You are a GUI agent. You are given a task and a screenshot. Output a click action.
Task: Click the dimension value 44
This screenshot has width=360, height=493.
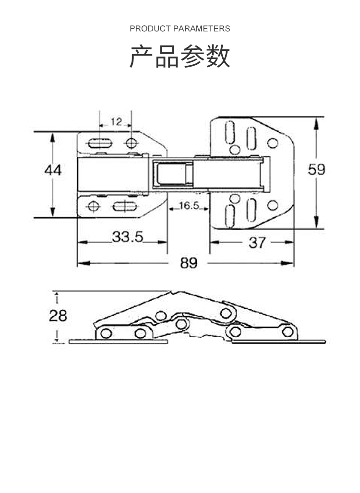pos(53,170)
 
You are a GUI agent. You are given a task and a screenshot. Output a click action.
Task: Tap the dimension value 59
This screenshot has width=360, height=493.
pos(316,170)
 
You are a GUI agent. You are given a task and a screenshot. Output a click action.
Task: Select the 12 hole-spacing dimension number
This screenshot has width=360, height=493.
pos(116,122)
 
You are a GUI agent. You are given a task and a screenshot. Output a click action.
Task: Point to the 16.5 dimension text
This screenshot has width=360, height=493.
pos(189,206)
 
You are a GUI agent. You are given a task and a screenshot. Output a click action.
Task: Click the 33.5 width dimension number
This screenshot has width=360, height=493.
pos(128,237)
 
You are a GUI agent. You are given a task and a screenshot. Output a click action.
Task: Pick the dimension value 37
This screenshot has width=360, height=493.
pos(257,243)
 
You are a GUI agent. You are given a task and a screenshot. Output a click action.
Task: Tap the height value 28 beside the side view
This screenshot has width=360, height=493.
pos(58,316)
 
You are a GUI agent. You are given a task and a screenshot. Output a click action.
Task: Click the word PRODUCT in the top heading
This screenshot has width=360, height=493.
pos(150,29)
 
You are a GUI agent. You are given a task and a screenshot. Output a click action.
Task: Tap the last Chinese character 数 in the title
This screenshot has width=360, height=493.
pos(218,57)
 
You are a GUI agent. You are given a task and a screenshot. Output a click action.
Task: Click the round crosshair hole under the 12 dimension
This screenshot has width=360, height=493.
pos(131,142)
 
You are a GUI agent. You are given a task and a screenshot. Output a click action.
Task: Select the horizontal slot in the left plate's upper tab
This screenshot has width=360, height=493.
pos(100,142)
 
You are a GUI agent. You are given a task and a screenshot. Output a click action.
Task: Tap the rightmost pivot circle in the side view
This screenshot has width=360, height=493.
pos(287,331)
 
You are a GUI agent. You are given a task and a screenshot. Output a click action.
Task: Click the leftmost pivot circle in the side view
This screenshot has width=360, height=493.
pos(106,333)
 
